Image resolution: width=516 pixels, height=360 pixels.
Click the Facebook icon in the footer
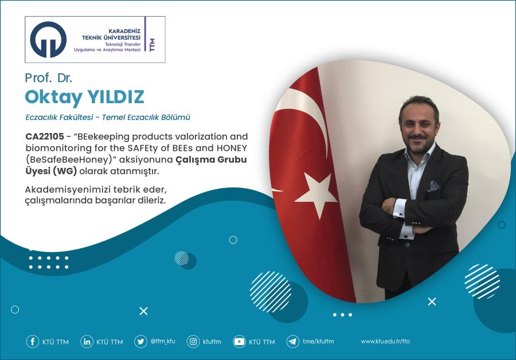pos(33,342)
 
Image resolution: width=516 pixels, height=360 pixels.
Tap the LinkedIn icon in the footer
pos(87,342)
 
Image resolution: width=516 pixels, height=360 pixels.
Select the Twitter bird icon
pos(140,342)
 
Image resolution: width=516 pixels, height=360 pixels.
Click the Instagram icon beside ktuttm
pos(194,342)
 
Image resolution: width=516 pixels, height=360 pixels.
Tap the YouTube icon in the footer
pos(239,342)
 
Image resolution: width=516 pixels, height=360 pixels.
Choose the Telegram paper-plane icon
pos(292,342)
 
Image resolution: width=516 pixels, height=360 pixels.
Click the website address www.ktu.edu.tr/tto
pos(385,342)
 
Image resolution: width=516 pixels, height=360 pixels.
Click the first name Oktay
pos(46,97)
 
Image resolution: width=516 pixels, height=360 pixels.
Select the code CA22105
pos(45,137)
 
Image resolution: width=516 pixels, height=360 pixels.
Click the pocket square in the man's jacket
pos(435,185)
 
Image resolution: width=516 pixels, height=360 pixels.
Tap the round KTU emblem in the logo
pos(49,40)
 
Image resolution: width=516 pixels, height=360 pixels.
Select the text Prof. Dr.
pos(48,77)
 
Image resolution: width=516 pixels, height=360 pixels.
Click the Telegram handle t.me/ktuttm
pos(318,342)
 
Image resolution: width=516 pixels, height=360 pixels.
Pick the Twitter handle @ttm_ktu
pos(163,341)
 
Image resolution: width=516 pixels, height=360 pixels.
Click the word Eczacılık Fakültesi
pos(60,118)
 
